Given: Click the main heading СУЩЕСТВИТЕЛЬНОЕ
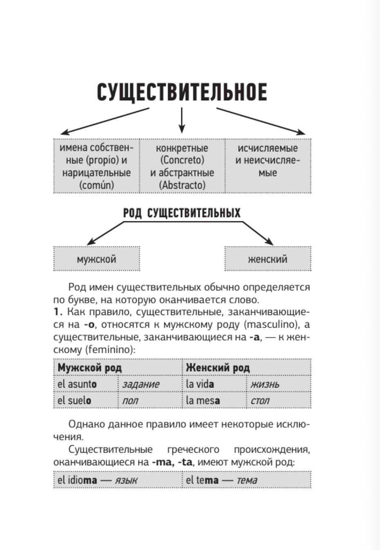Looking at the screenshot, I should (x=182, y=92).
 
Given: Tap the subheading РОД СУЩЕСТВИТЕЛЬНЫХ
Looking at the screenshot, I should (x=182, y=213).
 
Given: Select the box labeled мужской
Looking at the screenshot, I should (x=96, y=259).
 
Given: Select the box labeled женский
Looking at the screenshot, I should (x=268, y=259).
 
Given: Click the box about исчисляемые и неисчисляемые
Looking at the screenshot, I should (x=268, y=166).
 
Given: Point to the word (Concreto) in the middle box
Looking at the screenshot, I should (x=182, y=160).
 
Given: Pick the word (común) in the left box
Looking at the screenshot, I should (x=96, y=185).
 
